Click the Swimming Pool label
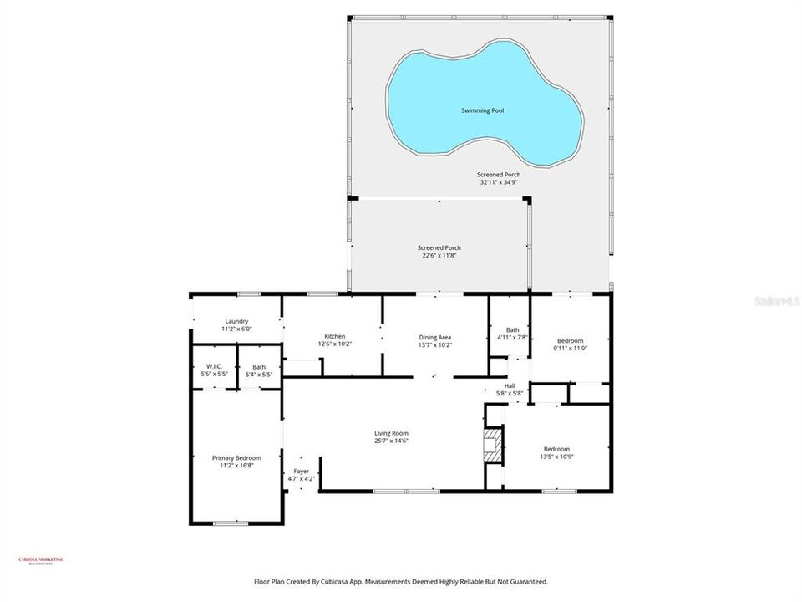tap(484, 110)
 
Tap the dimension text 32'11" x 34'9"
tap(500, 182)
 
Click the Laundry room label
tap(236, 321)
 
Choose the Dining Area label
tap(434, 336)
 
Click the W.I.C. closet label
tap(212, 366)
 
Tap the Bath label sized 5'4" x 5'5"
tap(259, 366)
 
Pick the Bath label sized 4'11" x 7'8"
tap(512, 329)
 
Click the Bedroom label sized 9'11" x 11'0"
tap(570, 340)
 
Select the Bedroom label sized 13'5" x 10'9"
tap(557, 447)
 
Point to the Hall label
tap(509, 385)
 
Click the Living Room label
tap(391, 432)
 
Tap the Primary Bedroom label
tap(236, 457)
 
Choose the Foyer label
tap(301, 471)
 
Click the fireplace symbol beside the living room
tap(495, 445)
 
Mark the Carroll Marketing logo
tap(41, 561)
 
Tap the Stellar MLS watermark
tap(776, 298)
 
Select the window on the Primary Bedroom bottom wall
tap(230, 523)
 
